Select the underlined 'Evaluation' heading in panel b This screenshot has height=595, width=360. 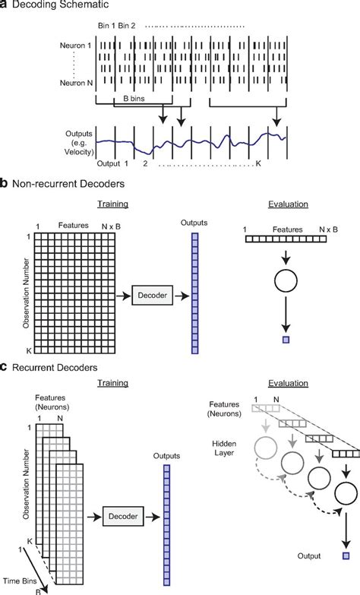pyautogui.click(x=288, y=204)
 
